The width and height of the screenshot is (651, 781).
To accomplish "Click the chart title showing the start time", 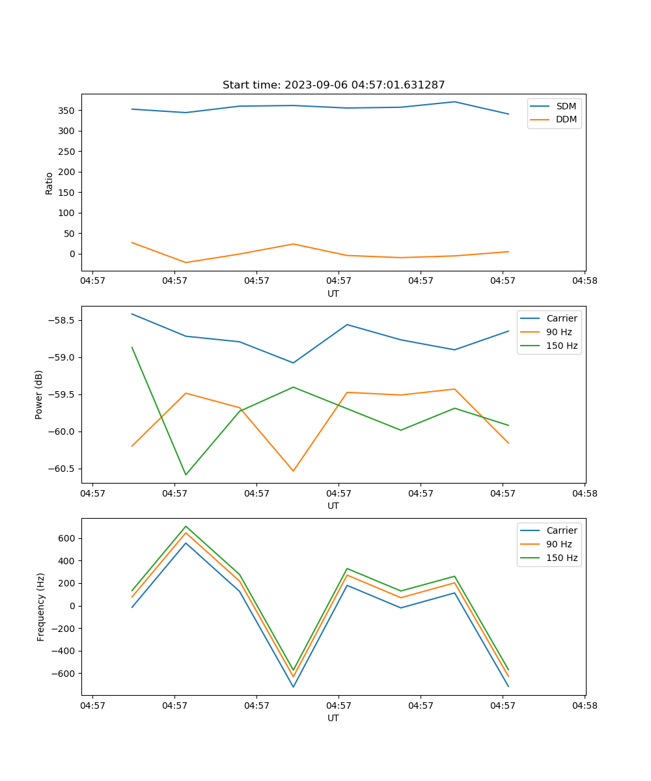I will coord(333,85).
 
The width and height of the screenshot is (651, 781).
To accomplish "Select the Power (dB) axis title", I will coord(39,394).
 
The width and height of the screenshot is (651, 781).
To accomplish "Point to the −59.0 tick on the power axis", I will coord(62,357).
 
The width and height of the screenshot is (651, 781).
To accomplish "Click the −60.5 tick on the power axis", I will coord(62,469).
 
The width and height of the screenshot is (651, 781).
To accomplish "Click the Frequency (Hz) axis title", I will coord(41,607).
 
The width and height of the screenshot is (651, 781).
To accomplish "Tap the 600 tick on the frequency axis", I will coord(68,538).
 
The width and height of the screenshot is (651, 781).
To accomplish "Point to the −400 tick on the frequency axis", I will coord(64,651).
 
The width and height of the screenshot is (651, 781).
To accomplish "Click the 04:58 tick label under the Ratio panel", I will coord(585,281).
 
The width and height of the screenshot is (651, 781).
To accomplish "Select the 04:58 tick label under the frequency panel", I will coord(585,706).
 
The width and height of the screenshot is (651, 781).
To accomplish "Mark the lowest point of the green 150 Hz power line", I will coord(186,474).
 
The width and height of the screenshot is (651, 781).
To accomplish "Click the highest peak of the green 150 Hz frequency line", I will coord(186,527).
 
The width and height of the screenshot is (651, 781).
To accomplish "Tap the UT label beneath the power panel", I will coord(333,506).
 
